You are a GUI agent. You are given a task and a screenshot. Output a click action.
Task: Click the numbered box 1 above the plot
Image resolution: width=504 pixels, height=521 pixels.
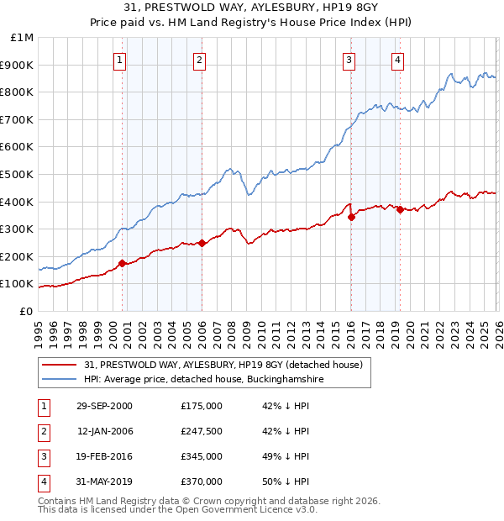(121, 60)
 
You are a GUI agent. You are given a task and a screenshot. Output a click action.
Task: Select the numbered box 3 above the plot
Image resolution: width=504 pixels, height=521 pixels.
(349, 60)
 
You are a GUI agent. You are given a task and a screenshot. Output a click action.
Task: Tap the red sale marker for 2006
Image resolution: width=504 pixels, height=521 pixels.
(202, 244)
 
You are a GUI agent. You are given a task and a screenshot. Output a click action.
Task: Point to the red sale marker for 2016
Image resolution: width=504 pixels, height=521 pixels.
(351, 217)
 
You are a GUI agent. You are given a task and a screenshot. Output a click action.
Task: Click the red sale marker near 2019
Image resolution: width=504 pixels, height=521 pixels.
(400, 210)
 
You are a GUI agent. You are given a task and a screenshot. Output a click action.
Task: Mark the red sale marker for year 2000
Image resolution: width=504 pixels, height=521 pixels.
(123, 263)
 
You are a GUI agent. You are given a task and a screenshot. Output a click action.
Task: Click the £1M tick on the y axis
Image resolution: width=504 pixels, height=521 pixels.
(23, 38)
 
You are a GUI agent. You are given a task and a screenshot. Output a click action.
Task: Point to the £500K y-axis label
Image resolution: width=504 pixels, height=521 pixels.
(18, 175)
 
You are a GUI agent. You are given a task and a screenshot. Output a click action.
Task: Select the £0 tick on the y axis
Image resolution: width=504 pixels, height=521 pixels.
(26, 311)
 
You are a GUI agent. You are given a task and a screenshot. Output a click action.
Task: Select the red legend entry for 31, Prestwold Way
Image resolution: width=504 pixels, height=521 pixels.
(223, 365)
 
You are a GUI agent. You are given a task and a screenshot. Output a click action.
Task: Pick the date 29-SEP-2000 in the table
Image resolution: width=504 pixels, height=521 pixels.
(104, 406)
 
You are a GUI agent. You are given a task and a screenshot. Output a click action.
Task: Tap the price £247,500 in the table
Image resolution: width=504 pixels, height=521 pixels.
(202, 431)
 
